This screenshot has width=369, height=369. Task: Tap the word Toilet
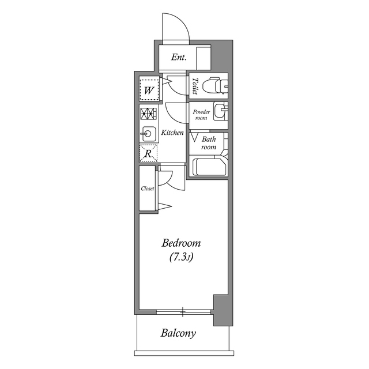tap(195, 86)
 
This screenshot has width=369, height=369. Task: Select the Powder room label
tap(201, 114)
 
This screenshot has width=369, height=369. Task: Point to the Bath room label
tap(208, 143)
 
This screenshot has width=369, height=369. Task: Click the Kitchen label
tap(172, 133)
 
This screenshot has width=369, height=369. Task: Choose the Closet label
tap(148, 189)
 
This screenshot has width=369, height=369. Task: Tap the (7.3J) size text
tap(180, 257)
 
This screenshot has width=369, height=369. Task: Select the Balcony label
tap(178, 333)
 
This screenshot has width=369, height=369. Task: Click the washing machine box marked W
tap(148, 91)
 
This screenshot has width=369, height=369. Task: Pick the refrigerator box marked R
tap(148, 153)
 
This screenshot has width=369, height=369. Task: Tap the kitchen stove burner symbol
tap(148, 114)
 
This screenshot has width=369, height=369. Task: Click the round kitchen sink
tap(148, 134)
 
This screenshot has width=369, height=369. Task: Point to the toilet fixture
tap(217, 86)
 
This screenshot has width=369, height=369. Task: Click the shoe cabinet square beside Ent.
tap(204, 58)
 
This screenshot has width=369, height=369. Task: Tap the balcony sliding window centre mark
tap(183, 312)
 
